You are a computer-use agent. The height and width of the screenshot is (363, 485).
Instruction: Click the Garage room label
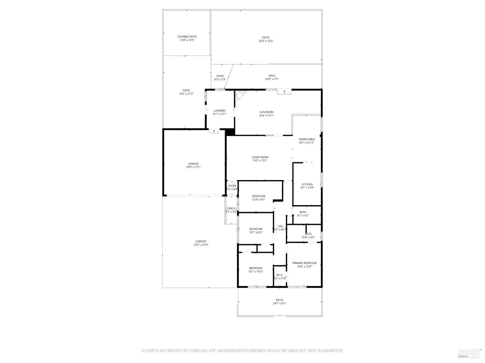coord(193,164)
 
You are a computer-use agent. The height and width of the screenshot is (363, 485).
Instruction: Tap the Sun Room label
coord(266,112)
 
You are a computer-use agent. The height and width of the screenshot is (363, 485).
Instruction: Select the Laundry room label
coord(220,111)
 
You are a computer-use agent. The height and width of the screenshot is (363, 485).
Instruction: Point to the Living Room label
coord(260,157)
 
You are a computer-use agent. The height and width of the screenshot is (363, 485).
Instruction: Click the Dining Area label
coord(307,139)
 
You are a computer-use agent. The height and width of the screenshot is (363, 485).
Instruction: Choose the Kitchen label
coord(307,184)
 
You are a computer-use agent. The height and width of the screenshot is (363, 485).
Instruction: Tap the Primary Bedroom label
coord(304,263)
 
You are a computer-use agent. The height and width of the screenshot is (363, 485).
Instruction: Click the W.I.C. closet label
coord(280,275)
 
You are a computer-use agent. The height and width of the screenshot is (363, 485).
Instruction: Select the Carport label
coord(201,241)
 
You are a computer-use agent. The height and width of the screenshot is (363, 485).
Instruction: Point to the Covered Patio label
coord(187,37)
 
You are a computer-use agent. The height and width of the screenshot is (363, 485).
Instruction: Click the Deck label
coord(272,76)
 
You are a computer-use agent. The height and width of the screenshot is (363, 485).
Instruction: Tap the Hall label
coord(280,226)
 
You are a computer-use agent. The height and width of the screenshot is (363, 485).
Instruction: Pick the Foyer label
coord(232,186)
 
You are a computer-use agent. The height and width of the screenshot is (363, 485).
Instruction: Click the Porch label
coord(231,208)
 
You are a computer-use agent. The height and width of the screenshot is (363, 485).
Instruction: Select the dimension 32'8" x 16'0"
coord(266,41)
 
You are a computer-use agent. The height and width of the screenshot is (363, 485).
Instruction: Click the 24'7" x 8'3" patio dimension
coord(279,303)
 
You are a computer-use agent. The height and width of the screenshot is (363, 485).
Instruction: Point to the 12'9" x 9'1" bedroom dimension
coord(259,199)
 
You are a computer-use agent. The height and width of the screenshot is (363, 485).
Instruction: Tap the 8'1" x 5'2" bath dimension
coord(303,216)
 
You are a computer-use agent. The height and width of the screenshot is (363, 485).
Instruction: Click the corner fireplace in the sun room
coord(240,96)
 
